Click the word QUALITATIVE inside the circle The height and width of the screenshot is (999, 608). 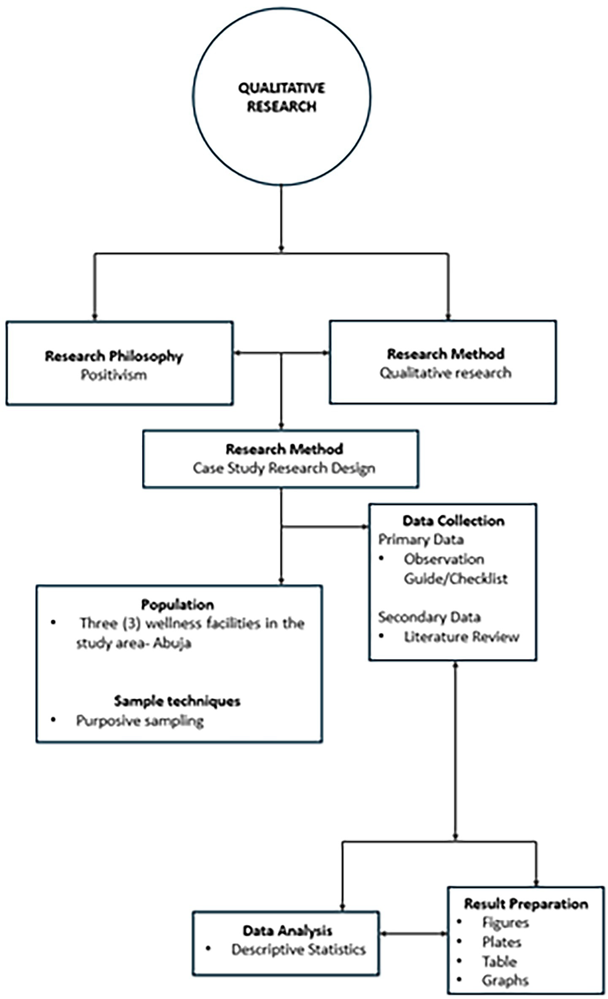point(281,88)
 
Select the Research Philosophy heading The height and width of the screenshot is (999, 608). point(114,356)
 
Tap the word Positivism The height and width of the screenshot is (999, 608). point(114,375)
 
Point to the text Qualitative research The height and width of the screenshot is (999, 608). point(446,373)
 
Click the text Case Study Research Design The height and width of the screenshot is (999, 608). point(284,468)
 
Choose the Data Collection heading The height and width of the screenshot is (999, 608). point(454,520)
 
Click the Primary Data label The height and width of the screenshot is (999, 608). point(421,539)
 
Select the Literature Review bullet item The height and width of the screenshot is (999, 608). point(461,637)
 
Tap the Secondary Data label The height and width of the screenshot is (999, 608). point(429,617)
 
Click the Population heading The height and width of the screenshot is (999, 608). point(177,604)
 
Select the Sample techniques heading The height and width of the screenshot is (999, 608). point(177,701)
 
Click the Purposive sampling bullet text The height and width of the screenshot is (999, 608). point(140,720)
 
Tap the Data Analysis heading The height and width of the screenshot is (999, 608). point(287,931)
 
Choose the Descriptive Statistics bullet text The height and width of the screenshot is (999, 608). point(298,950)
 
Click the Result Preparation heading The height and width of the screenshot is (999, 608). point(526,904)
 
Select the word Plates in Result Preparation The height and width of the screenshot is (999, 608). point(502,942)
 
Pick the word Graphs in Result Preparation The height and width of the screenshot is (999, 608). point(505,980)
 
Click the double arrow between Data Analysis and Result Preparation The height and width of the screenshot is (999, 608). point(413,934)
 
